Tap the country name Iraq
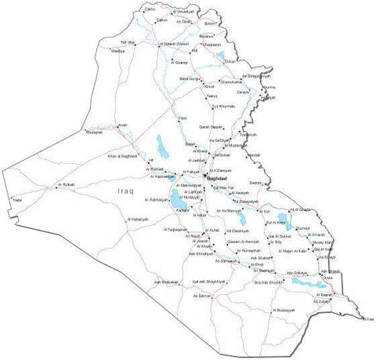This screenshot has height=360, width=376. click(125, 191)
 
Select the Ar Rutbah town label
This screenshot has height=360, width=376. click(67, 184)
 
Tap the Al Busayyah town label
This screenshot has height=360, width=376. click(281, 311)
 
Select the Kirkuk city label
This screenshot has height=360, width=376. click(209, 86)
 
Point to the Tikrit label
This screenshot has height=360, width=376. click(183, 118)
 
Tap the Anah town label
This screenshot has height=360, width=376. click(122, 125)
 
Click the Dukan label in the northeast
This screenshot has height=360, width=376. click(230, 60)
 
